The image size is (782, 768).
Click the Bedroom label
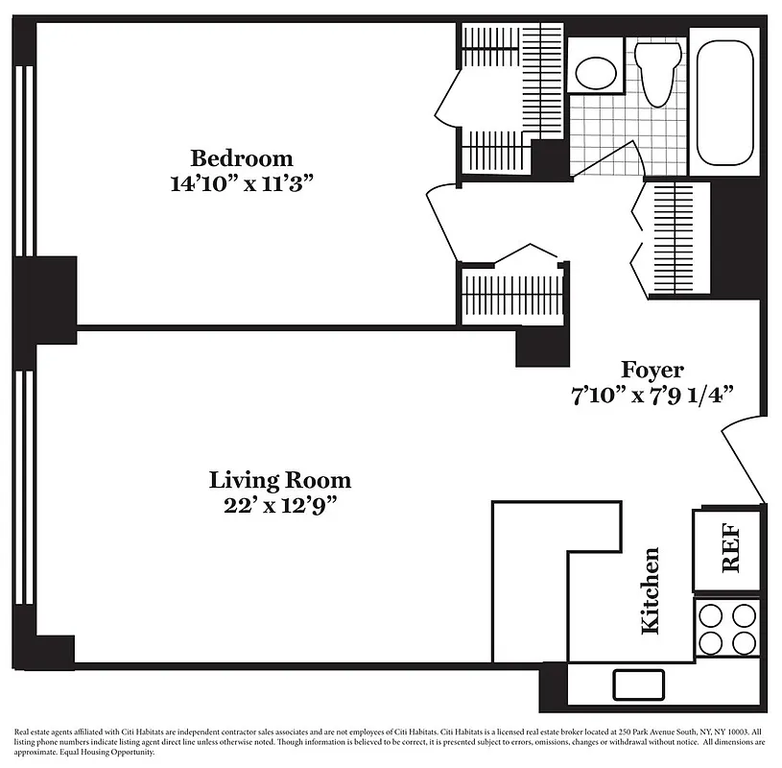[x=241, y=158]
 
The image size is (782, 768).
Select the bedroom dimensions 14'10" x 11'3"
[x=241, y=184]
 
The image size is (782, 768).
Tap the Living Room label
[x=280, y=479]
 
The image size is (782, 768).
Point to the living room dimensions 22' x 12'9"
[x=280, y=505]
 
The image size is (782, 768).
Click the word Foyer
[x=652, y=370]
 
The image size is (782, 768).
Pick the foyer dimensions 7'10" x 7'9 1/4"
[x=652, y=395]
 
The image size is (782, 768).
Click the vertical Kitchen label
[x=650, y=590]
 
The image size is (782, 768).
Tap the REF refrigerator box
[x=729, y=549]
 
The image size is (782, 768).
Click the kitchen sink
[x=639, y=684]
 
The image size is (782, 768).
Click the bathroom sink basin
[x=595, y=71]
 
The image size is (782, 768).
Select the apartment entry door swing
[x=742, y=461]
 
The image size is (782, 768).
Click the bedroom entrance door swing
[x=442, y=221]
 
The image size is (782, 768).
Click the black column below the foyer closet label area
[x=543, y=347]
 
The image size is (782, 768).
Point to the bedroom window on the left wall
[x=27, y=144]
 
